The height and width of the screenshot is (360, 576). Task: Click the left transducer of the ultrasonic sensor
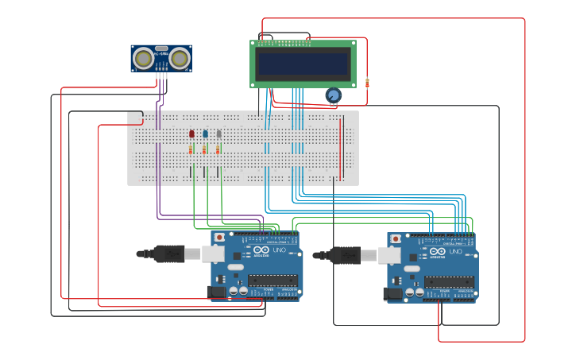144,58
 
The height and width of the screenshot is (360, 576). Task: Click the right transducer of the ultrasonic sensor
180,58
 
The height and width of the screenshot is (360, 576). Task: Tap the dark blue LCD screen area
303,64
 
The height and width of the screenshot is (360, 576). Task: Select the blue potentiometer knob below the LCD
333,95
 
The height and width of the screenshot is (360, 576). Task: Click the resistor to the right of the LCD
367,83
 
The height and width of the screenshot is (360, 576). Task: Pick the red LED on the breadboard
191,134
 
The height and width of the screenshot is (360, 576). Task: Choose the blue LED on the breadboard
205,134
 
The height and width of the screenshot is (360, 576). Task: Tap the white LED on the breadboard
218,134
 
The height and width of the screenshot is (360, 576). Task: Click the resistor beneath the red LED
191,149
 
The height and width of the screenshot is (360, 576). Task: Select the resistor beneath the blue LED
204,149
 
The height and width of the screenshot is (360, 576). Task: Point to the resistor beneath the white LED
218,149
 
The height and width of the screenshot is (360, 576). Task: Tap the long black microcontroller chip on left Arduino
273,281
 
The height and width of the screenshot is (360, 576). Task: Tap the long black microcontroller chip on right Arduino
449,281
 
